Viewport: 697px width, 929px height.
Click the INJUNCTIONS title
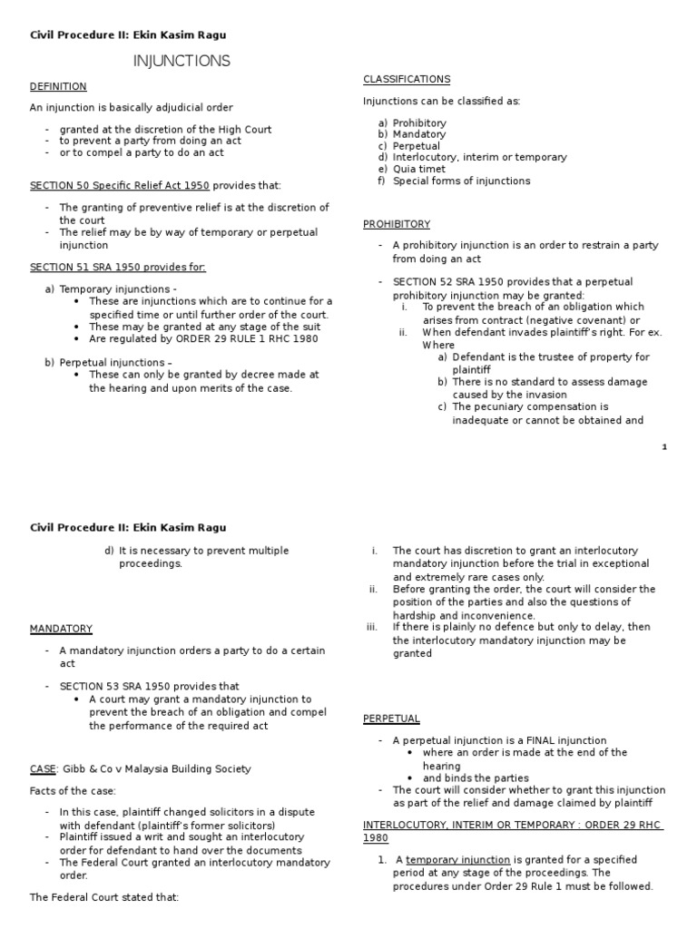(182, 62)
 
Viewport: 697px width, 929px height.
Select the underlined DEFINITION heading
(58, 86)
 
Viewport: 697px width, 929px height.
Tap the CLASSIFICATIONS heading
(407, 80)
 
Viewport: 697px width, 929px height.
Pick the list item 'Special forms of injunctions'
(462, 181)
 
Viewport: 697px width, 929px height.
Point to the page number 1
(664, 446)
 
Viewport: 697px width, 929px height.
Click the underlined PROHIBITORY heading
(397, 224)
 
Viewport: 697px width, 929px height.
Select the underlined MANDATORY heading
(61, 629)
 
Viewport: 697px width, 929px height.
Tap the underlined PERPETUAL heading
(391, 719)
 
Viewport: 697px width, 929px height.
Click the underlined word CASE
(43, 769)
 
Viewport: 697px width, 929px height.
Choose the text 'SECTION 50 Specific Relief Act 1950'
(120, 185)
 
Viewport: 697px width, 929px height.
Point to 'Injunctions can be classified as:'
(442, 101)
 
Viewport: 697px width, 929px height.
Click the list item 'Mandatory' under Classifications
(419, 134)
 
